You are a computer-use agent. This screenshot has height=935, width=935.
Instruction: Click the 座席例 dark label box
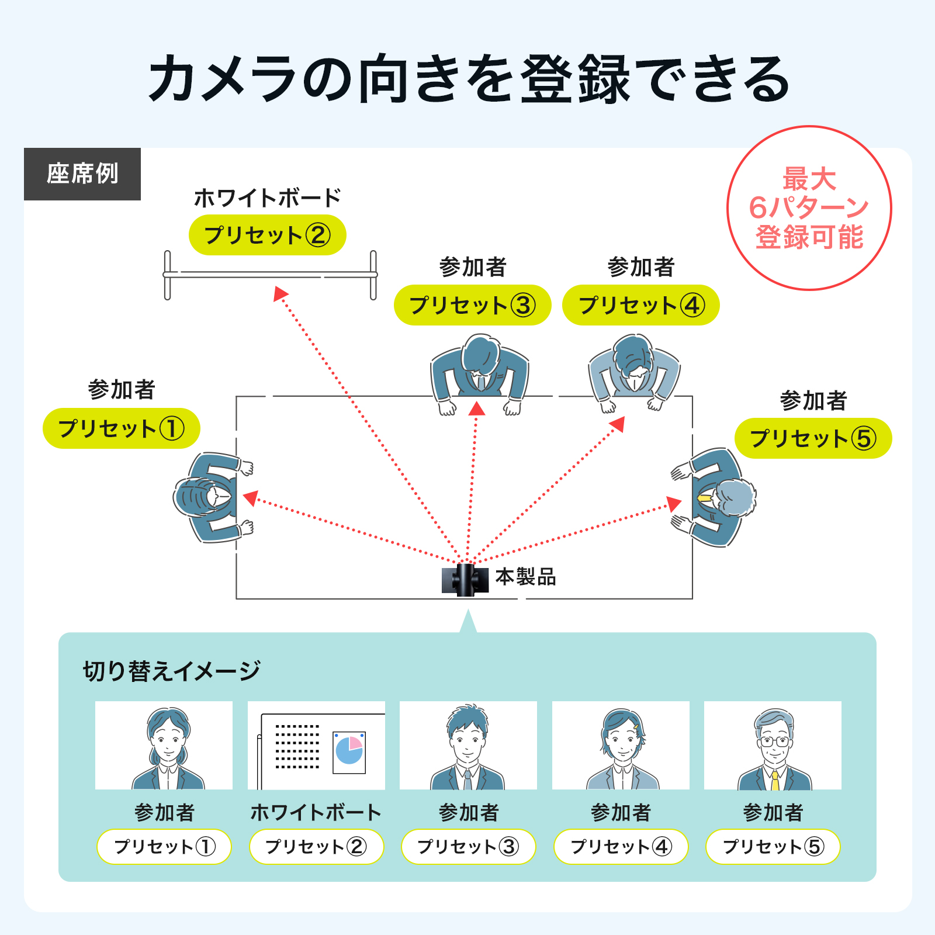point(82,174)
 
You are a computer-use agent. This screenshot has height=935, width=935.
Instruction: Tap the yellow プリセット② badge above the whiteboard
point(267,235)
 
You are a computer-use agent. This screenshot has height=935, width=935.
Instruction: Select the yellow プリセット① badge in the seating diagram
point(121,428)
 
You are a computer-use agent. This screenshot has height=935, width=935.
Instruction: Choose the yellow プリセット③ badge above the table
point(472,305)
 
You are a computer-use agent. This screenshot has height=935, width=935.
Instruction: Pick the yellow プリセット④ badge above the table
point(640,305)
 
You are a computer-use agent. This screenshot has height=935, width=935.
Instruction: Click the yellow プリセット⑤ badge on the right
point(813,438)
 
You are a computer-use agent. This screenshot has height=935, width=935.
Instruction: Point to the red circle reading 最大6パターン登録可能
point(809,208)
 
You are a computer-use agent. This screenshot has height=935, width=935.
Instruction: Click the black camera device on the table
point(465,580)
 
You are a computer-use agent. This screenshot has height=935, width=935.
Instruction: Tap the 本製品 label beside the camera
point(525,577)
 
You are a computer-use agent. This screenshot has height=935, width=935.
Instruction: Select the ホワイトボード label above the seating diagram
point(267,198)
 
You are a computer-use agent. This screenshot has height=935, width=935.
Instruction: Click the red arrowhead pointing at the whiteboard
point(280,293)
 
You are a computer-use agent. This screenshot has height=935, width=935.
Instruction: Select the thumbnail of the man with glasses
point(773,746)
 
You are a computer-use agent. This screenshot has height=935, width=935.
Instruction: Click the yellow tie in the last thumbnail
point(775,780)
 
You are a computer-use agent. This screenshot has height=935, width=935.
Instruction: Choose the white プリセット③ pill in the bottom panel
point(468,846)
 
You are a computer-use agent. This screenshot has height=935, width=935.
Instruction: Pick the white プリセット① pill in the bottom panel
point(164,846)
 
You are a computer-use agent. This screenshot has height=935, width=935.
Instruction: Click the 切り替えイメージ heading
point(171,671)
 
